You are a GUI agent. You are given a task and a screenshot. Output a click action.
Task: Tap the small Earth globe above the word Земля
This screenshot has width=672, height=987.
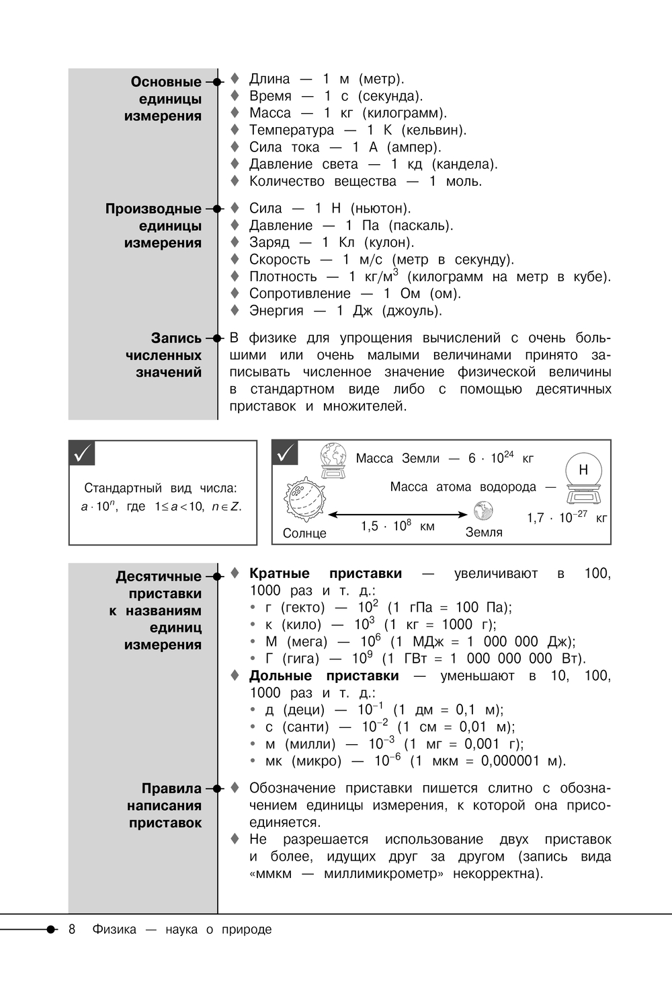pyautogui.click(x=483, y=511)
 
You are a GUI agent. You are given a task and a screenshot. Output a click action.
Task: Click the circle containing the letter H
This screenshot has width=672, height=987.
pyautogui.click(x=583, y=470)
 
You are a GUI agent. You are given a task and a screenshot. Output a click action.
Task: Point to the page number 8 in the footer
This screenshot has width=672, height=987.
pyautogui.click(x=72, y=929)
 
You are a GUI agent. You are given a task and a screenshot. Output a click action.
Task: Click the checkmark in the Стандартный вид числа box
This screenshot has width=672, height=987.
pyautogui.click(x=83, y=454)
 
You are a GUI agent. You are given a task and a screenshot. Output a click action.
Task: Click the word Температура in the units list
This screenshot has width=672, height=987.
pyautogui.click(x=292, y=130)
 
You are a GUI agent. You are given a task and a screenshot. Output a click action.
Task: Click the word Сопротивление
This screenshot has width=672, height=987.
pyautogui.click(x=300, y=293)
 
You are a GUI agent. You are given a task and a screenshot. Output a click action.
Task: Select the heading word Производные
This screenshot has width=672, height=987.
pyautogui.click(x=153, y=209)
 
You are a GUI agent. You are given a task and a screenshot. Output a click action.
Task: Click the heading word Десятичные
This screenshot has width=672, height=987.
pyautogui.click(x=159, y=577)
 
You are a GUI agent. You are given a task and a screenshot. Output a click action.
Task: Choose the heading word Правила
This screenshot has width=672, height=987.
pyautogui.click(x=171, y=789)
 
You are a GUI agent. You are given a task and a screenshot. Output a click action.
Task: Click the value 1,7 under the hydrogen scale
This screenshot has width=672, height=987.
pyautogui.click(x=536, y=518)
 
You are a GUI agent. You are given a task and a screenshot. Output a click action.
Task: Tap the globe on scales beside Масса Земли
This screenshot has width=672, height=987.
pyautogui.click(x=333, y=460)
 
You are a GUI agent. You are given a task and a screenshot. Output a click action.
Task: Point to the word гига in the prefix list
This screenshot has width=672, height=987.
pyautogui.click(x=301, y=659)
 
